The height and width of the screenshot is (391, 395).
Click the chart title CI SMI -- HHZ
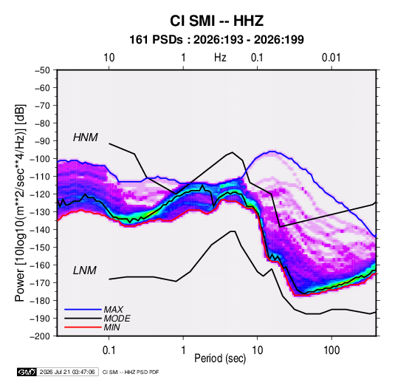[x=216, y=21]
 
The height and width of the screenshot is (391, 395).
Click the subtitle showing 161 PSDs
[x=216, y=40]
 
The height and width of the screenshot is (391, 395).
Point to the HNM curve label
[x=86, y=137]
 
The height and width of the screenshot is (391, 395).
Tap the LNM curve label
[x=85, y=271]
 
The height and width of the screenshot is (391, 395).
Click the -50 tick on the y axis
[x=42, y=70]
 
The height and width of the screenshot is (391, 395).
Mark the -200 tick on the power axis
[x=41, y=336]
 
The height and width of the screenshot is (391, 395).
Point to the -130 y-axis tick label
[x=41, y=212]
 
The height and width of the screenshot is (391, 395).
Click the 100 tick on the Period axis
[x=332, y=350]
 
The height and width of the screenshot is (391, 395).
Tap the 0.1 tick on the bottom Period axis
[x=109, y=350]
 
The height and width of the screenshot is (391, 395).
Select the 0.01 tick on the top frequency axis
[x=332, y=58]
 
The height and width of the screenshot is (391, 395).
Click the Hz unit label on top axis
[x=220, y=58]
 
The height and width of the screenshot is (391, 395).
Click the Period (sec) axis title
[x=220, y=358]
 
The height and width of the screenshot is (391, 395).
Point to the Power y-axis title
[x=20, y=203]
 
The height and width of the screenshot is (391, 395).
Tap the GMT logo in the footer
[x=27, y=372]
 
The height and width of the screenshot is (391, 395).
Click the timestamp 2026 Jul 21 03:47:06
[x=67, y=372]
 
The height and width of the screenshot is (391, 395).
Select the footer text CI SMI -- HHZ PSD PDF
[x=131, y=372]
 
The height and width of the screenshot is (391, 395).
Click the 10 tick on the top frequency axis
[x=109, y=58]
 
